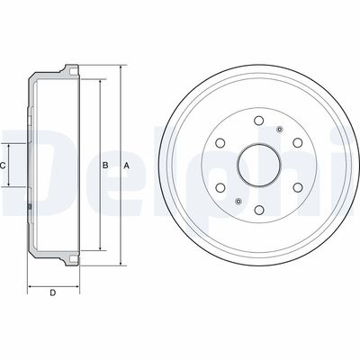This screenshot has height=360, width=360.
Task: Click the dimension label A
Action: click(x=127, y=166)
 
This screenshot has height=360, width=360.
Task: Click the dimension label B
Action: click(x=105, y=166)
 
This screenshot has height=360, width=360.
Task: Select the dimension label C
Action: click(x=3, y=166)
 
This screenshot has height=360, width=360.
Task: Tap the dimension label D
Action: click(x=53, y=292)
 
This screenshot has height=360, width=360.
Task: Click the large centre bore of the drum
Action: click(x=258, y=165)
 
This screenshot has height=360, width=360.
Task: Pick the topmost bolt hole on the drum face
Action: click(x=258, y=121)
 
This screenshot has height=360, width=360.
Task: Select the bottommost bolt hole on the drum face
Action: click(x=258, y=210)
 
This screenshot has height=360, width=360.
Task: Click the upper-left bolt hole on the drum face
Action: click(x=220, y=142)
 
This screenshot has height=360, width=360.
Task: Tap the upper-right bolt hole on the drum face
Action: click(x=297, y=142)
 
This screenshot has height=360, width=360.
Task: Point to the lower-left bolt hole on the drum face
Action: click(x=220, y=187)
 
